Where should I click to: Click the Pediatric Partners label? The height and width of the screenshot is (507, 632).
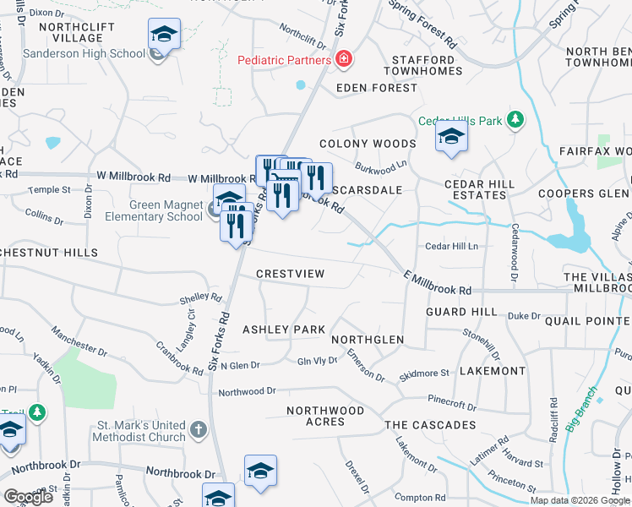tap(284, 60)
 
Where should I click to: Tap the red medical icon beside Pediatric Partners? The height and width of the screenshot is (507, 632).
tap(343, 59)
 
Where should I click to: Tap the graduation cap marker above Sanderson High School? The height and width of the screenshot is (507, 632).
tap(164, 35)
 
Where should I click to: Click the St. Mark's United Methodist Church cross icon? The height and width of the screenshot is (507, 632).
tap(198, 430)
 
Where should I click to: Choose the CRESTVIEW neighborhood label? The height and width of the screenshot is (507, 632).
tap(290, 274)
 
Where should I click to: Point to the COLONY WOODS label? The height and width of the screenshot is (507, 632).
tap(368, 144)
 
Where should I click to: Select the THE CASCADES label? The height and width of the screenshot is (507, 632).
tap(430, 425)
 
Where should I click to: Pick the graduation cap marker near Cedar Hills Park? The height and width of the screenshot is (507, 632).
tap(451, 137)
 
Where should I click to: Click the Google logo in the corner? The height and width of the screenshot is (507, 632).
tap(28, 497)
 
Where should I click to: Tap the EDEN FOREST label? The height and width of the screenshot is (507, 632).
tap(377, 87)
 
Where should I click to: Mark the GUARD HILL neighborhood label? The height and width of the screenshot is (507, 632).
tap(461, 312)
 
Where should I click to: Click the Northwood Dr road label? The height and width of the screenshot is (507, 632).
tap(248, 392)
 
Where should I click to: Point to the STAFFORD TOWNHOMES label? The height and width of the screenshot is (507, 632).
tap(423, 67)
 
